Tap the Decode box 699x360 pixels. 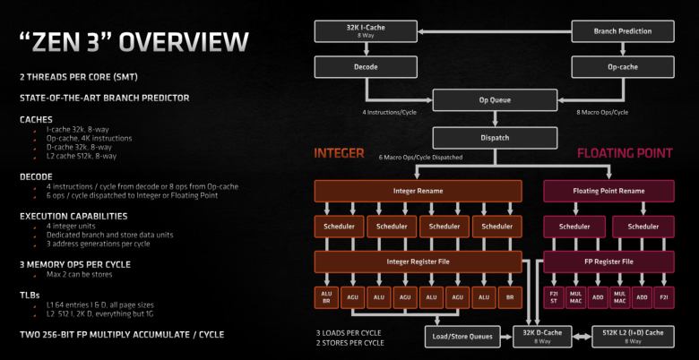(x=347, y=66)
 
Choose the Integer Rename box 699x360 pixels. (x=418, y=191)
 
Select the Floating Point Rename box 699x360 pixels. (x=609, y=191)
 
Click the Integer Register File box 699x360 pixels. (x=418, y=261)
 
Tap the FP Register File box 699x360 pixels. (x=609, y=261)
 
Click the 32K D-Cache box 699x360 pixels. (x=544, y=336)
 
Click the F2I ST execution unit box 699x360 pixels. (x=556, y=296)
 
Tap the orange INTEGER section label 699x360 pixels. (x=339, y=153)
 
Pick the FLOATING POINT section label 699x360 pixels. (x=624, y=153)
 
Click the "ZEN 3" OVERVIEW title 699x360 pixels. (x=133, y=40)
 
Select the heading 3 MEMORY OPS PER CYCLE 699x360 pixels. (x=74, y=264)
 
